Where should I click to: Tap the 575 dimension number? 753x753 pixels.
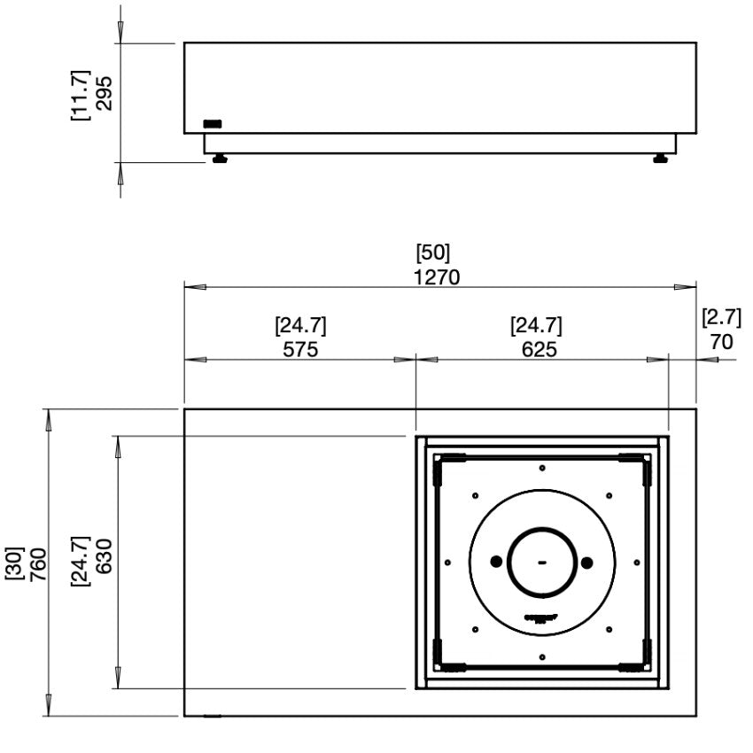pyautogui.click(x=300, y=349)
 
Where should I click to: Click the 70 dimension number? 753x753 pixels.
pyautogui.click(x=722, y=341)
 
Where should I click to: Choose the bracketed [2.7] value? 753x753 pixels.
pyautogui.click(x=722, y=317)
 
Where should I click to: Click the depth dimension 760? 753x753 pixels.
pyautogui.click(x=38, y=563)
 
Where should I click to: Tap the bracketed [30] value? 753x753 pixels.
pyautogui.click(x=14, y=563)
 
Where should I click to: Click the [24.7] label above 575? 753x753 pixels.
pyautogui.click(x=300, y=325)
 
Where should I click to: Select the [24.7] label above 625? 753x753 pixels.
pyautogui.click(x=536, y=325)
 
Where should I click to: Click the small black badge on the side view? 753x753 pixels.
pyautogui.click(x=213, y=123)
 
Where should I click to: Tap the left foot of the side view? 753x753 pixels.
pyautogui.click(x=218, y=159)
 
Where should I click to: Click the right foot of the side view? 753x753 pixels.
pyautogui.click(x=660, y=159)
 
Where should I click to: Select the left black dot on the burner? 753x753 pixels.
pyautogui.click(x=495, y=561)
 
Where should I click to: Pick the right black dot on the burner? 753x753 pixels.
pyautogui.click(x=586, y=561)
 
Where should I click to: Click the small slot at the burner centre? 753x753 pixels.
pyautogui.click(x=540, y=562)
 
